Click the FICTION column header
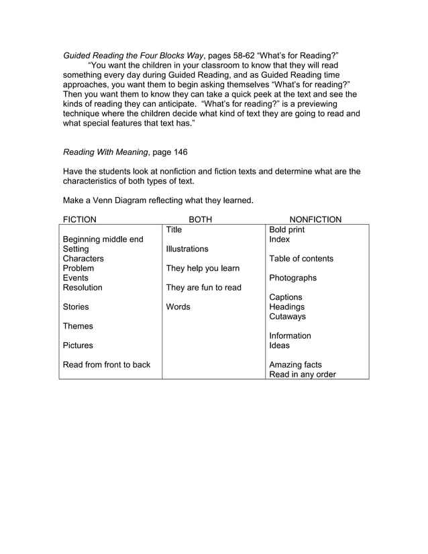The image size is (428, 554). (79, 219)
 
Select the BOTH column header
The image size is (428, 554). (200, 219)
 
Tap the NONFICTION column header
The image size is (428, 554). (315, 219)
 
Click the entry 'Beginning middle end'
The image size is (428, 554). (103, 239)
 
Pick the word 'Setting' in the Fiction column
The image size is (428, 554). (77, 249)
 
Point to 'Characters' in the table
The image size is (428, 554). (83, 259)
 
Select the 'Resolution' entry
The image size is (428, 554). (83, 288)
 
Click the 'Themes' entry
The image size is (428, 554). (78, 327)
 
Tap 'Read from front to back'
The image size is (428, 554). (106, 365)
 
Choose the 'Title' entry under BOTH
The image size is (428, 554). (174, 229)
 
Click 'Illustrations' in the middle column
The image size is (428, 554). (187, 249)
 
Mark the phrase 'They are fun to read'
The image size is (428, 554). (203, 288)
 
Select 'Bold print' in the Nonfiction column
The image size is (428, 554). (286, 229)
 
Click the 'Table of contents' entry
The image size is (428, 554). (301, 259)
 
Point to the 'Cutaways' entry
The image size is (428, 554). (287, 317)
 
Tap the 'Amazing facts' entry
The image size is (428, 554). (295, 365)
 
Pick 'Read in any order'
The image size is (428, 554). (303, 375)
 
